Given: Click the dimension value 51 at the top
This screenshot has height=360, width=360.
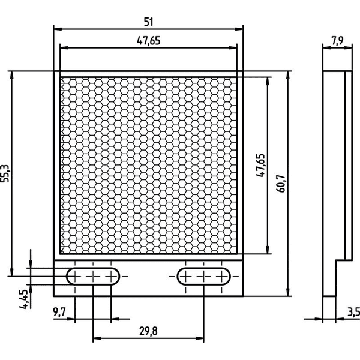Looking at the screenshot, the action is [148, 22].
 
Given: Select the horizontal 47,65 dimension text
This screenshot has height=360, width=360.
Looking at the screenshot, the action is [149, 41].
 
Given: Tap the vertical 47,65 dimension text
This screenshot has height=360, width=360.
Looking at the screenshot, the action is [260, 166].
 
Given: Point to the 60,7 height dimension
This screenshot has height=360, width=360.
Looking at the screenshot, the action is [281, 184].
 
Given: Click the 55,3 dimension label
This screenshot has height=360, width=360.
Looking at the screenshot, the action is [5, 173].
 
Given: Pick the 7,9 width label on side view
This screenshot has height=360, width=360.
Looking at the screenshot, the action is [337, 41].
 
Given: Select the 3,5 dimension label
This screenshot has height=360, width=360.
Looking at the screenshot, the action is [353, 312].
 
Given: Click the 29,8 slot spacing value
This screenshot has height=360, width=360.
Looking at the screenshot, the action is [148, 331].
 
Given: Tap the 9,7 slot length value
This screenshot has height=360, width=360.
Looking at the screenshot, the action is [59, 312].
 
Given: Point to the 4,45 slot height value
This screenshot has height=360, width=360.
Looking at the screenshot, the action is [23, 299].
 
